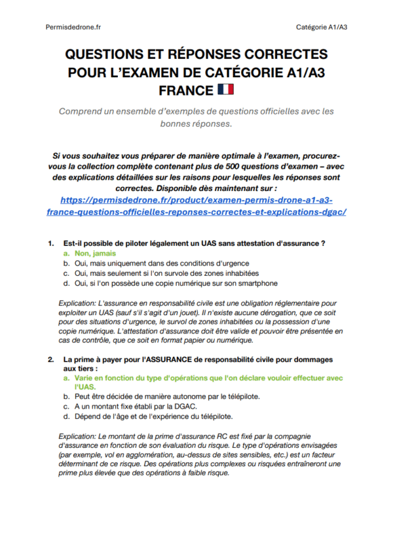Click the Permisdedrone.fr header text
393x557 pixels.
73,27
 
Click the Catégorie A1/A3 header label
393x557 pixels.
321,27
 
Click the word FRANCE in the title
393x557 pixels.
186,90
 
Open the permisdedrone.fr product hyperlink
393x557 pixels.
196,206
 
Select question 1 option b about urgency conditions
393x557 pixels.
155,263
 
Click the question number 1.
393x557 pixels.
50,243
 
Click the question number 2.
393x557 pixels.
50,360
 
